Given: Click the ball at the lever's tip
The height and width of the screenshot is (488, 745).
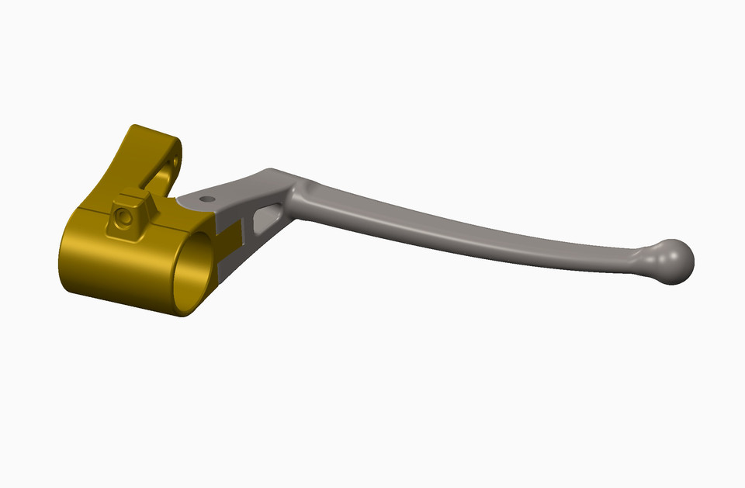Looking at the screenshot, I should tap(672, 261).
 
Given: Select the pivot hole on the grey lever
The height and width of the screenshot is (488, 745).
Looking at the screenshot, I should tap(206, 199).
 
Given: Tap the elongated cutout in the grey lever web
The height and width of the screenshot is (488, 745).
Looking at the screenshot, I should tap(267, 216).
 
